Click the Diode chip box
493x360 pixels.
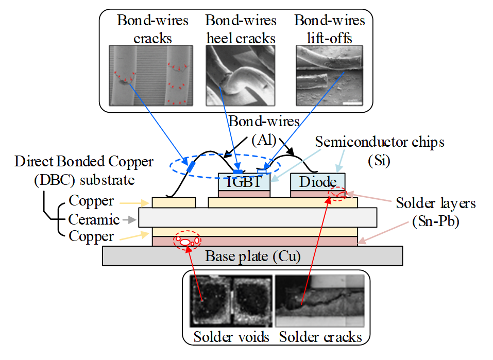(317, 182)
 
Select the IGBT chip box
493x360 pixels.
(244, 182)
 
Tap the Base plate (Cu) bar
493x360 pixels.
(252, 255)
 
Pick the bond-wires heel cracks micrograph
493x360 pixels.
(240, 75)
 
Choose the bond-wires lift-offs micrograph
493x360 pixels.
(330, 75)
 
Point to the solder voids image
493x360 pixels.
(230, 302)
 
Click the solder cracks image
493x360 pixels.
(320, 302)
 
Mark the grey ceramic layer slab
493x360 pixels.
(258, 217)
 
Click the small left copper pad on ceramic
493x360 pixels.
(174, 202)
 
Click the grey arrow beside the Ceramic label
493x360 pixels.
(128, 219)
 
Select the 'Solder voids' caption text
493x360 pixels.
(231, 337)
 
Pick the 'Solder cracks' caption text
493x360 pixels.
(320, 337)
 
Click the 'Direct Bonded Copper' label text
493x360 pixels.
(84, 162)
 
